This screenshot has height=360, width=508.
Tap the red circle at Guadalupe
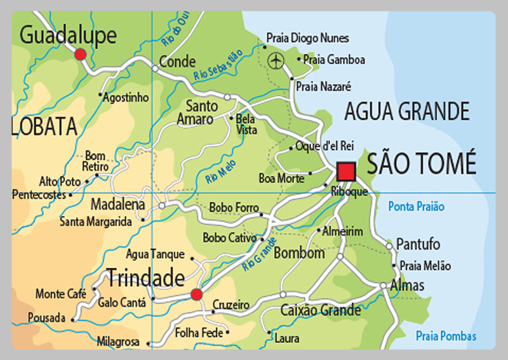tap(80, 55)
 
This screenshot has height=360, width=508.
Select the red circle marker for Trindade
tap(197, 294)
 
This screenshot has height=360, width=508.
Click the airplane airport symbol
tap(276, 60)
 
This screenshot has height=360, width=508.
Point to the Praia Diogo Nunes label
tap(307, 38)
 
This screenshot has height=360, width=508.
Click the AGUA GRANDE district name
tap(406, 112)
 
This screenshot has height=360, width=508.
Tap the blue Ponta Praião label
tap(416, 206)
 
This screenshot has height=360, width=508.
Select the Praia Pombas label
tap(446, 337)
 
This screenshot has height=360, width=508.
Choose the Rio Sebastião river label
tap(218, 66)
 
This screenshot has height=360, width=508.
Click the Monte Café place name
tap(60, 294)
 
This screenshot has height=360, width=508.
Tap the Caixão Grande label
tap(321, 310)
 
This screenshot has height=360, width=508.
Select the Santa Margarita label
tap(96, 222)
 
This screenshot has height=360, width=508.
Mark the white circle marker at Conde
tap(154, 67)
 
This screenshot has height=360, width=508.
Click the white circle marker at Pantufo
tap(389, 245)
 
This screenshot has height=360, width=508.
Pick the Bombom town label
tap(299, 253)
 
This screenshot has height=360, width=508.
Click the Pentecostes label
tap(39, 194)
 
